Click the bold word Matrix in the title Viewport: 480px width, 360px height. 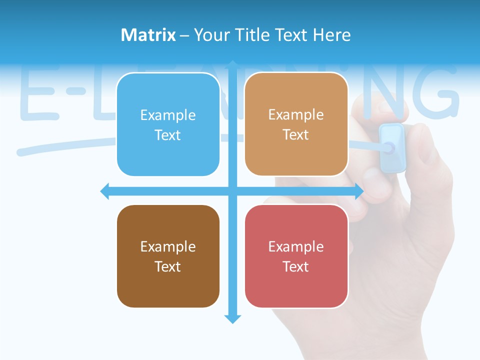click(148, 35)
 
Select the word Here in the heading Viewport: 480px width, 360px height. click(331, 35)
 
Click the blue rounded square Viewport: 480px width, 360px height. click(168, 124)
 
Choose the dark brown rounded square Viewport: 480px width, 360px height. click(168, 256)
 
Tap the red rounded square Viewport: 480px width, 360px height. click(296, 256)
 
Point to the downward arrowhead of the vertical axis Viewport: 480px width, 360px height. click(232, 318)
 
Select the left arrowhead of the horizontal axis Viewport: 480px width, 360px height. click(105, 191)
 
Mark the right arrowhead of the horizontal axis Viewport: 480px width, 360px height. click(358, 191)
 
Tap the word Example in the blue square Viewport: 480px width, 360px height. click(168, 115)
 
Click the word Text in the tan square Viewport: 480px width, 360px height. click(296, 135)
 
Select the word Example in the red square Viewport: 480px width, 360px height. click(296, 246)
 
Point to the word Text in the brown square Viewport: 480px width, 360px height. click(168, 266)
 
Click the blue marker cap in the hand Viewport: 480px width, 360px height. click(392, 147)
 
